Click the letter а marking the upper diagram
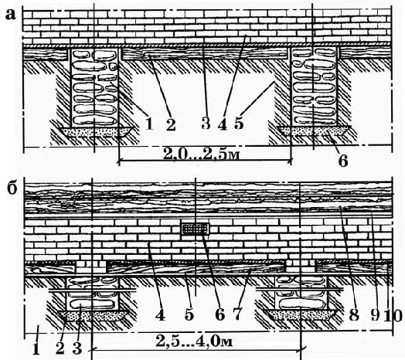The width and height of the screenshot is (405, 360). click(10, 15)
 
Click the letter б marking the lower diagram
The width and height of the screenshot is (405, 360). click(12, 188)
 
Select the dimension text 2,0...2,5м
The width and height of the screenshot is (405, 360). click(202, 155)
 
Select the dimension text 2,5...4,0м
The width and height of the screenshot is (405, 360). click(194, 341)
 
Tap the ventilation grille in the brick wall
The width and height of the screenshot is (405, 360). click(196, 229)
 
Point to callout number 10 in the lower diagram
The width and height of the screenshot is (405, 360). click(393, 315)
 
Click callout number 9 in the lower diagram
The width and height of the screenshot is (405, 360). click(375, 315)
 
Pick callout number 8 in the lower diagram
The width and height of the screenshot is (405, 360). click(354, 315)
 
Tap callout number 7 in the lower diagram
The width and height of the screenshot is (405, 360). click(237, 314)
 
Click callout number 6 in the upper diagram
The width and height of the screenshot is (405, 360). click(343, 161)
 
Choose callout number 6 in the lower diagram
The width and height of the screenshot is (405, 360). click(220, 314)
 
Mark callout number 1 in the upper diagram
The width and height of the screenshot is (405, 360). click(149, 124)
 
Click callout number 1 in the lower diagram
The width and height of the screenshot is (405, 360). click(36, 349)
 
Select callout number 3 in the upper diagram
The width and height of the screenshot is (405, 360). click(206, 123)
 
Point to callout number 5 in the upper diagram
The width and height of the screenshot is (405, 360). click(239, 123)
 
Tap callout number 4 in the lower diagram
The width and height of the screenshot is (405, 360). click(160, 314)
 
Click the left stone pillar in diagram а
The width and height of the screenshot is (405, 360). click(94, 87)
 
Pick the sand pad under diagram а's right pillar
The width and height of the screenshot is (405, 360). click(314, 131)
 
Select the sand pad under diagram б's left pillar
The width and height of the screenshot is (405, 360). click(93, 315)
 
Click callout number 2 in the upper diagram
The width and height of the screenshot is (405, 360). click(171, 124)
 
